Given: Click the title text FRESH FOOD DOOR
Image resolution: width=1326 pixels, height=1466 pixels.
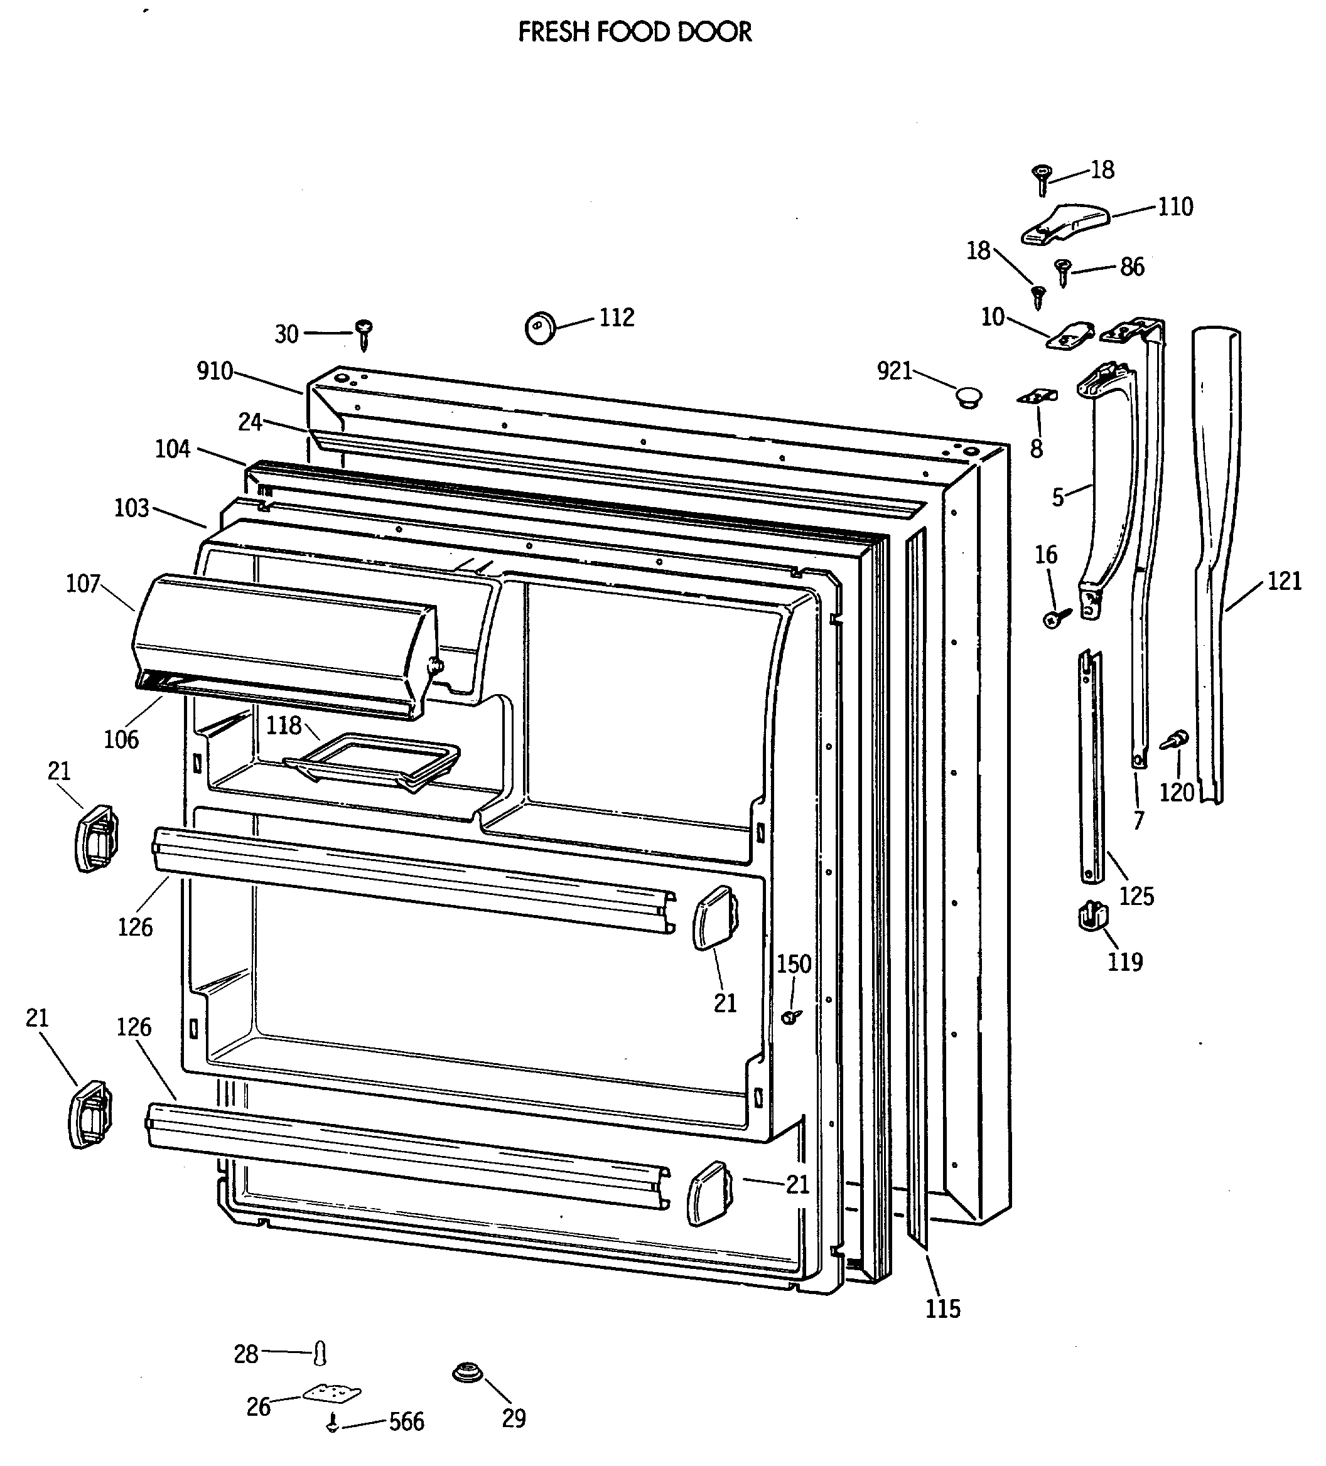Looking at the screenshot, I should (x=634, y=32).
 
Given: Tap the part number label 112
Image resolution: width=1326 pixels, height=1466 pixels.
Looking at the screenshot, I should (x=617, y=318).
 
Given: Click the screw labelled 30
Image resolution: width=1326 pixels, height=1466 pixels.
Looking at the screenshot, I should (x=363, y=334).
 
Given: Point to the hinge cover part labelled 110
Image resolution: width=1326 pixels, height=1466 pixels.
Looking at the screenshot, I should (x=1065, y=223).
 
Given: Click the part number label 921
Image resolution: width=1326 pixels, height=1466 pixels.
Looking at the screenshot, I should (x=895, y=372).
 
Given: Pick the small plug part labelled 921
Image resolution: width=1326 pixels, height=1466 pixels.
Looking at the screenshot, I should (x=968, y=397).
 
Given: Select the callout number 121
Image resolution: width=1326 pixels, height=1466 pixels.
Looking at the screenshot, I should (x=1284, y=581).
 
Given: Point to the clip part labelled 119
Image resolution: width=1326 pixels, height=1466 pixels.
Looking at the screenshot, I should (x=1092, y=916).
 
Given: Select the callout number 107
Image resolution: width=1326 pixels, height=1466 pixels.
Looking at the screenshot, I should (x=83, y=583).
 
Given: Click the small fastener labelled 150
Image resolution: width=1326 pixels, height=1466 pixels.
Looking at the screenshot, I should (x=791, y=1016).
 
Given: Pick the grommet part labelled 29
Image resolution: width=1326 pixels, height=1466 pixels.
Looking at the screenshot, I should (x=468, y=1373).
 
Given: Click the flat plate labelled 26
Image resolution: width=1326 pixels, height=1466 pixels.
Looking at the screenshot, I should (x=331, y=1393).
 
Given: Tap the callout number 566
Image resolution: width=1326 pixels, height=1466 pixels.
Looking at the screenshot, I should (x=406, y=1421).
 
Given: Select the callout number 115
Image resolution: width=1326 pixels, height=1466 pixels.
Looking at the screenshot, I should (x=942, y=1308).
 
